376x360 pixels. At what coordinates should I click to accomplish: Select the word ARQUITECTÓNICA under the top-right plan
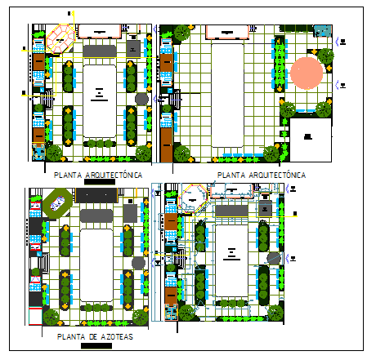[276, 175]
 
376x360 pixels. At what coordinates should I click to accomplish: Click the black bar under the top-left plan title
[100, 183]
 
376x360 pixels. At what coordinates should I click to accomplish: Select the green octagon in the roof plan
[57, 202]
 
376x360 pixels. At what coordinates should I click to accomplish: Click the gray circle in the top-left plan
[141, 100]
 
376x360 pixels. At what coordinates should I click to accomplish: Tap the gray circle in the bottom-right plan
[274, 258]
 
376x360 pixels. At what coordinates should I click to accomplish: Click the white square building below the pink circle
[310, 137]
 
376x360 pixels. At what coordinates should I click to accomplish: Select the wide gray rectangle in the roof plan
[96, 216]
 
